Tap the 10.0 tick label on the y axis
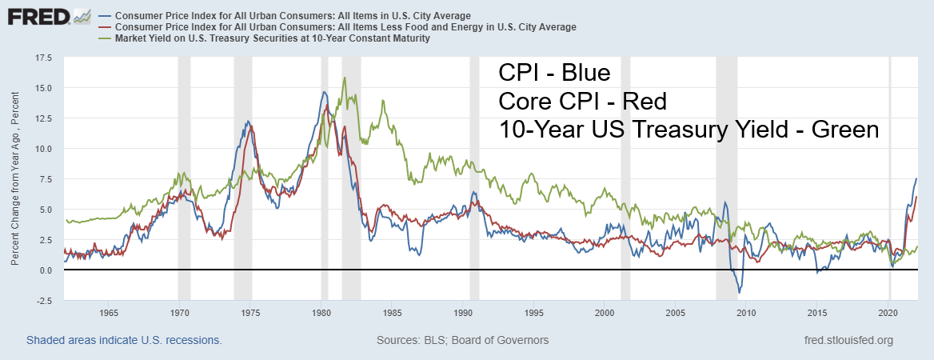coord(43,149)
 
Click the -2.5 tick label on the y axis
coord(43,301)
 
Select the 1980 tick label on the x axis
coord(321,312)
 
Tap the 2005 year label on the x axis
coord(677,312)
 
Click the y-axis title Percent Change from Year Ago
coord(16,179)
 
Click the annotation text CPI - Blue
coord(554,74)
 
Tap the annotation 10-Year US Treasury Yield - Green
coord(689,130)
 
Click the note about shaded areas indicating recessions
coord(124,340)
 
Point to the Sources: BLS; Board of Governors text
coord(462,340)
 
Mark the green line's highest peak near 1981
coord(345,78)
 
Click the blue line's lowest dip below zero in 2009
coord(740,293)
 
